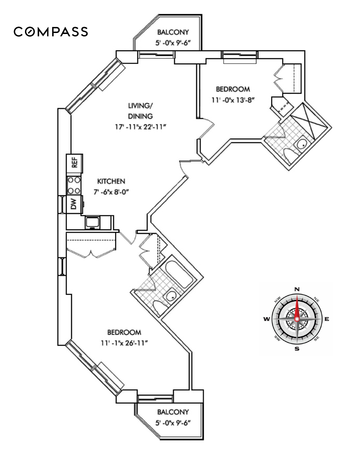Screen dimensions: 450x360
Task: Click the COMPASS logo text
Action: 51,32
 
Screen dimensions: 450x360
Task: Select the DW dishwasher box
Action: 74,204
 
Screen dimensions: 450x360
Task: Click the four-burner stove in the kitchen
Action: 74,185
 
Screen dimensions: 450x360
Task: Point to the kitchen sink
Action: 92,222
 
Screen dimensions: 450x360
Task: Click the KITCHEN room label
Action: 111,181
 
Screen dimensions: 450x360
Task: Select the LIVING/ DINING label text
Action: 140,111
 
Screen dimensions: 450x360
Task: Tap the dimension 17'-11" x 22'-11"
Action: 140,127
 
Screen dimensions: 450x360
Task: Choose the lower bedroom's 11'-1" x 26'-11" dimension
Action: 124,343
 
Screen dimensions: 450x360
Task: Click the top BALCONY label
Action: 173,32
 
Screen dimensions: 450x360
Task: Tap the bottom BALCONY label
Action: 173,412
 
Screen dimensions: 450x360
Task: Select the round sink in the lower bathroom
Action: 171,295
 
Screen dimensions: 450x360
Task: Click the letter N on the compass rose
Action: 297,289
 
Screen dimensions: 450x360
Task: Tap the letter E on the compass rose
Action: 327,319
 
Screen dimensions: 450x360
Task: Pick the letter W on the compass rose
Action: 267,319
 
